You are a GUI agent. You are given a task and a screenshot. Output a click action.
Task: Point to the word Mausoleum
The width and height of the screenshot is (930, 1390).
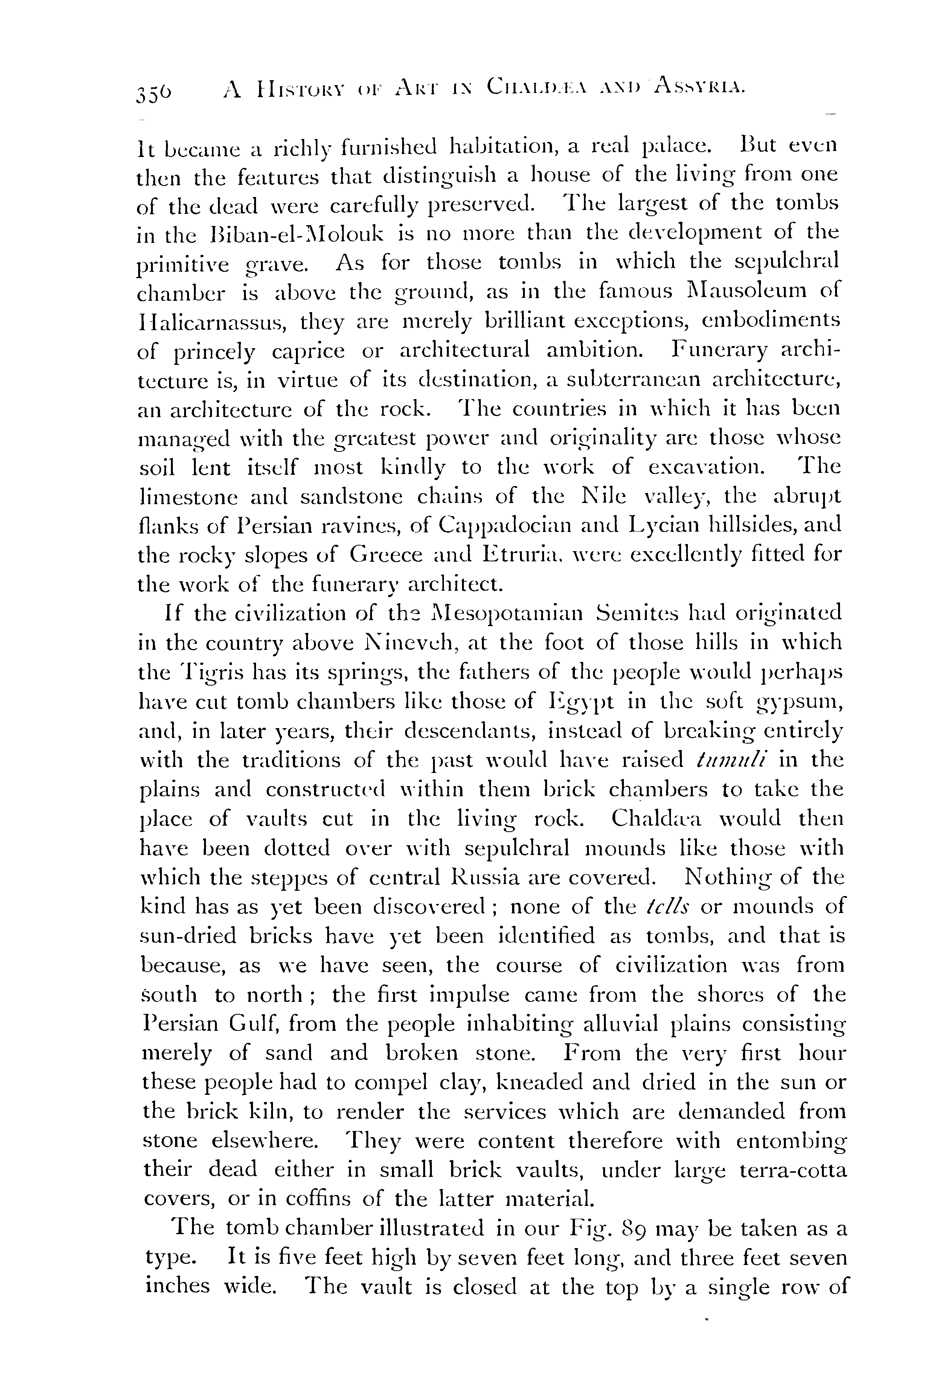click(x=734, y=291)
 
